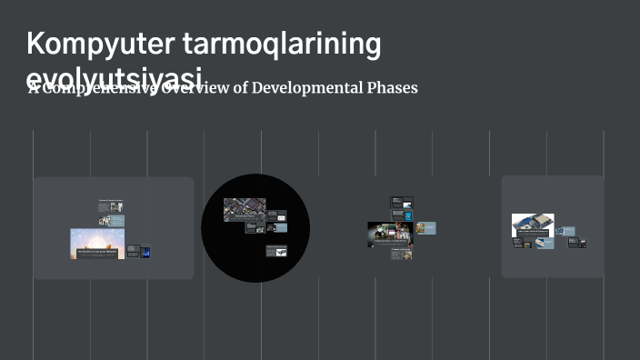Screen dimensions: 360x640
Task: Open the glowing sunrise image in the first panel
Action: coord(97,243)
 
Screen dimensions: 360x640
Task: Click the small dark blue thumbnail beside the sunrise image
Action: coord(145,251)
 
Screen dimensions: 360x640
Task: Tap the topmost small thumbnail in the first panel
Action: coord(111,206)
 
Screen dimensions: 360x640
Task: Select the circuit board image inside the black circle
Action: coord(245,210)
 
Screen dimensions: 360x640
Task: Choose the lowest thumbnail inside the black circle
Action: coord(277,251)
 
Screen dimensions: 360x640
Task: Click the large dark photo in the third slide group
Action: coord(390,235)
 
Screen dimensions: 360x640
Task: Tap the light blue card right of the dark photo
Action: coord(425,227)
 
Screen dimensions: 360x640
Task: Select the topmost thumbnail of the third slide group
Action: coord(402,202)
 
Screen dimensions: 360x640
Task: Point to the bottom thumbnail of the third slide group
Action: coord(402,255)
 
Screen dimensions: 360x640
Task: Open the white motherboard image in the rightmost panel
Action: coord(533,225)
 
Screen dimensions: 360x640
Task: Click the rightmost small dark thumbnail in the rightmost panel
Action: coord(581,243)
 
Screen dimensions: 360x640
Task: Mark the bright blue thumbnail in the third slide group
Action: coord(408,215)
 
